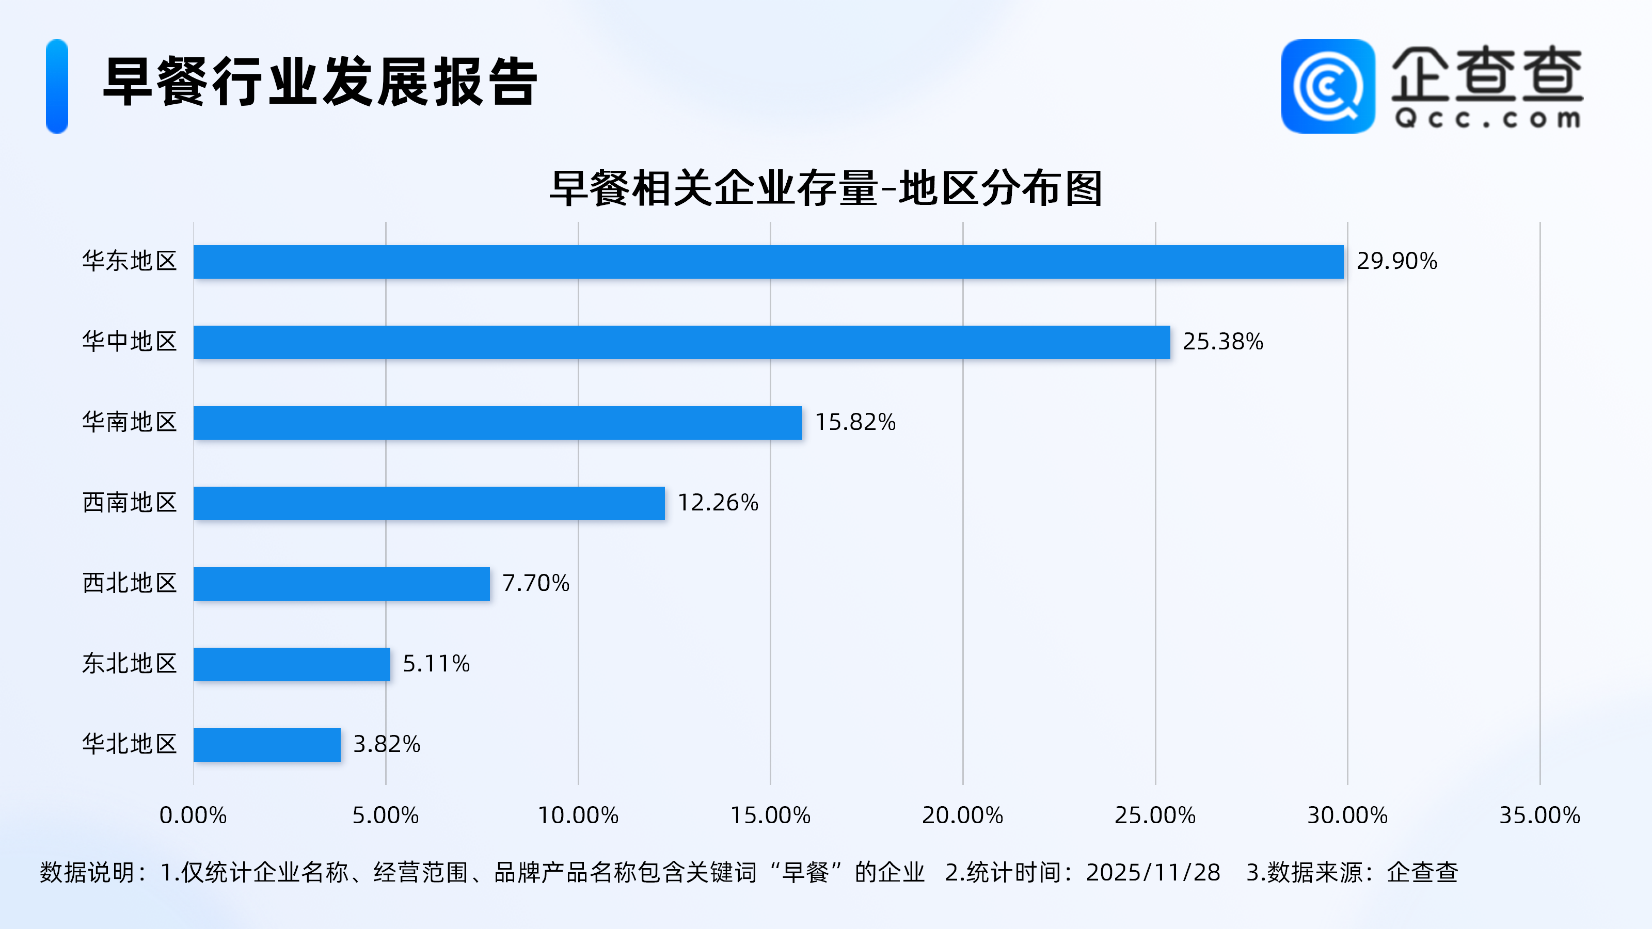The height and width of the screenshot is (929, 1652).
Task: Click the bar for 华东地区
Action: click(768, 262)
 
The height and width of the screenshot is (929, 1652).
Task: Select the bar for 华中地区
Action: click(681, 342)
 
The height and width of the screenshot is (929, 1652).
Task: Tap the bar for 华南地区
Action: click(498, 423)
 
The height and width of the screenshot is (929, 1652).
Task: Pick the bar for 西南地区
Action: click(429, 503)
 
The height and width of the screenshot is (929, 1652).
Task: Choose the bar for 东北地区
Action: click(292, 664)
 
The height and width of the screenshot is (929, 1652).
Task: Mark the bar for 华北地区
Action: click(267, 745)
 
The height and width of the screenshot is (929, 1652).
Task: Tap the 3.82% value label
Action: click(387, 744)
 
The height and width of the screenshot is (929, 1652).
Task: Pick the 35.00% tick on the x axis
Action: click(1539, 815)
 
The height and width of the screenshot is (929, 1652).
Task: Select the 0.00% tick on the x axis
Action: click(193, 815)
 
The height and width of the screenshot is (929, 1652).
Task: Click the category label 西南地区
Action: click(130, 503)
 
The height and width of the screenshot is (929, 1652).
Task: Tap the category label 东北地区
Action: click(130, 664)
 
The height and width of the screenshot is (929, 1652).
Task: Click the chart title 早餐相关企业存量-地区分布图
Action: click(826, 189)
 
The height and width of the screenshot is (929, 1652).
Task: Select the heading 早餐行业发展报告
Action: click(320, 82)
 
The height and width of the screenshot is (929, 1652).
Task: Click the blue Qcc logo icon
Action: click(1327, 87)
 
